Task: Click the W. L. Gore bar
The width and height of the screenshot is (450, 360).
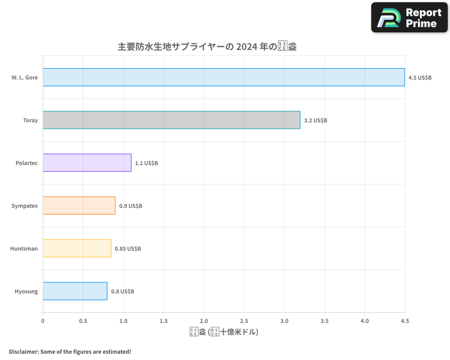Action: (224, 77)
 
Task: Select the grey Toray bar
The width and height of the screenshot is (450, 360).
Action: (171, 120)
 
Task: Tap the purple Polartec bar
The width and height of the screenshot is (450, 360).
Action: (87, 162)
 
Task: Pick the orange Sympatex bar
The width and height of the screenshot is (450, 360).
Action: (79, 205)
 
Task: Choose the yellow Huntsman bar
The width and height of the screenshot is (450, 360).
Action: (77, 248)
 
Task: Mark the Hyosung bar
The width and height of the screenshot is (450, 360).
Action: (75, 291)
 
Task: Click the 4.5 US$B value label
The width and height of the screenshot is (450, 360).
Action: (420, 77)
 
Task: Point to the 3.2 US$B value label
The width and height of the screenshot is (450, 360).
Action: (315, 120)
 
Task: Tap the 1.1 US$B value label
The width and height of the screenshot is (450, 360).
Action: (146, 163)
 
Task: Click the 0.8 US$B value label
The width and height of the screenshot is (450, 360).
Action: (122, 291)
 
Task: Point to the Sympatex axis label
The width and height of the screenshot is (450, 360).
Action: (25, 206)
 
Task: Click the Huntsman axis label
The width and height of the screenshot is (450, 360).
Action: (24, 248)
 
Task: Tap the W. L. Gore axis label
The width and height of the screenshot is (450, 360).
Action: (25, 77)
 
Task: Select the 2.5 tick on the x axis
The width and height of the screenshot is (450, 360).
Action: (244, 321)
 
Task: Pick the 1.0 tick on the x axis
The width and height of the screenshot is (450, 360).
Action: (123, 321)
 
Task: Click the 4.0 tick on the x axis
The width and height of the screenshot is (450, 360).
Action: (364, 321)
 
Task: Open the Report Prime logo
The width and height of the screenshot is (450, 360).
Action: (409, 18)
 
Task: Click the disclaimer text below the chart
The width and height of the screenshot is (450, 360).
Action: (70, 351)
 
